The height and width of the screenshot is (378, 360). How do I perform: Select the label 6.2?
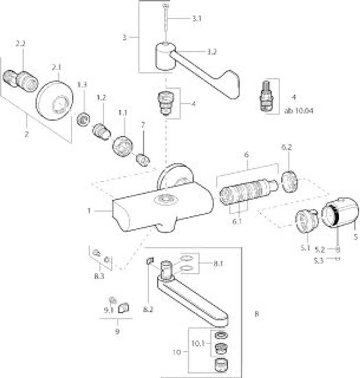(x=287, y=147)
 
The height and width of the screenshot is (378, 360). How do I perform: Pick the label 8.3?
(x=99, y=276)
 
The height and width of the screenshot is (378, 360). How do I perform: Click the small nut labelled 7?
(x=142, y=160)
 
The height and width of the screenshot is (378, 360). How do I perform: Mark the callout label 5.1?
(x=305, y=248)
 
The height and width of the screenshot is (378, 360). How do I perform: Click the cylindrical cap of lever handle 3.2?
(x=165, y=56)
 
